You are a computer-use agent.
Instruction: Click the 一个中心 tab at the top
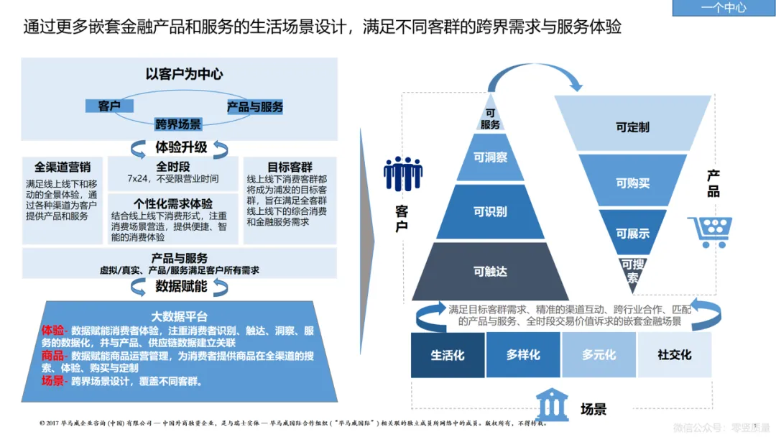click(x=723, y=8)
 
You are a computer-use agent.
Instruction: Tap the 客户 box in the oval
click(x=109, y=106)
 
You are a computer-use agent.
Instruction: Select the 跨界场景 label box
click(x=178, y=124)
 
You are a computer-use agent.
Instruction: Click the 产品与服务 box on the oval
click(x=255, y=107)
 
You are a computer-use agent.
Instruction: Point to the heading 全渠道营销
click(x=63, y=167)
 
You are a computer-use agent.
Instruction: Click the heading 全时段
click(x=172, y=165)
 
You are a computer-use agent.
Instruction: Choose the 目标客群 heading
click(x=290, y=166)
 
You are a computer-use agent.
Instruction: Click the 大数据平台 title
click(x=180, y=316)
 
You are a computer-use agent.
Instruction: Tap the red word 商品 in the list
click(x=52, y=356)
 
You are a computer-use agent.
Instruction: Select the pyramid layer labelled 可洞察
click(x=490, y=157)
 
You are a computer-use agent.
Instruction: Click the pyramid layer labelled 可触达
click(x=490, y=271)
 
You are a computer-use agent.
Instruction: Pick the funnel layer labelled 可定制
click(x=632, y=127)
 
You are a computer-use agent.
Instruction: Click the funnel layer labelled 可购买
click(x=632, y=183)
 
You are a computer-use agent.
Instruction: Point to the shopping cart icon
click(x=709, y=231)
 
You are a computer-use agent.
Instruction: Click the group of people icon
click(x=402, y=175)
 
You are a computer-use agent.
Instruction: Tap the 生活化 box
click(x=448, y=355)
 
